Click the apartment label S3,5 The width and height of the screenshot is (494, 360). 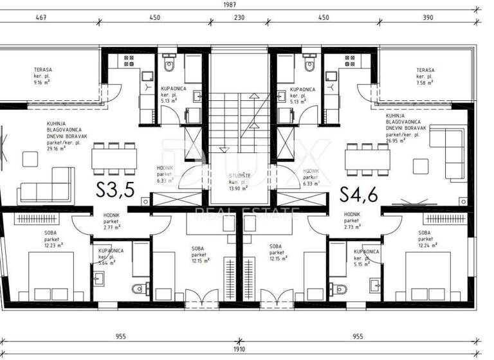[114, 190]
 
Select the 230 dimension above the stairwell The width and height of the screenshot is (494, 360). [239, 18]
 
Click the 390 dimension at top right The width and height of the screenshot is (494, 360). [428, 18]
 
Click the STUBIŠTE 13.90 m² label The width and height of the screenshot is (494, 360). [239, 180]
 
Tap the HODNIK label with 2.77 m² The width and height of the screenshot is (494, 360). [104, 222]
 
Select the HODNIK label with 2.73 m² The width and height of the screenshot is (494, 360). [352, 221]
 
